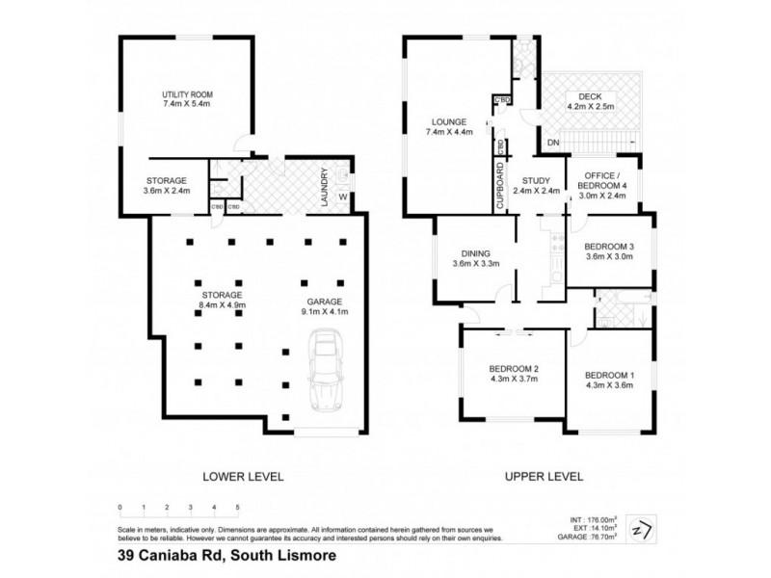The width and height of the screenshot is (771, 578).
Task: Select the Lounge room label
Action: coord(449,122)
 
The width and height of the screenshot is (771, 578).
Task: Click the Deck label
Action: coord(590,95)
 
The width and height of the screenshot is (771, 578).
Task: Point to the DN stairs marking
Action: coord(552,142)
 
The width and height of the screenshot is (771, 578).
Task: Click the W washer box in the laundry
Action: coord(344,200)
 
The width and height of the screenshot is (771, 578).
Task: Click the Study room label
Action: coord(535,180)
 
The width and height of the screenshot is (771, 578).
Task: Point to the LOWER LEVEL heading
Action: coord(229,476)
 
